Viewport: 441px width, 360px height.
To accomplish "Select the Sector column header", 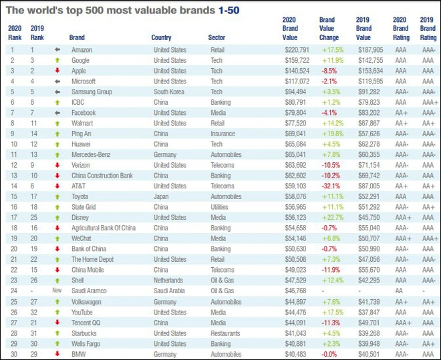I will [x=216, y=38].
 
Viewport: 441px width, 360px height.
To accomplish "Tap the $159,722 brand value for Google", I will [x=297, y=59].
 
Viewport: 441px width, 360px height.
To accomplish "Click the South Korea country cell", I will [x=170, y=92].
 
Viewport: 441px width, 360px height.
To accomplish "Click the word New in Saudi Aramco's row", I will [x=57, y=291].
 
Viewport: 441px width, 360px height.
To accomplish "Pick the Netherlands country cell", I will [x=170, y=281].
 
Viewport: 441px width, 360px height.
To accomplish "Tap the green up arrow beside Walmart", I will [x=57, y=124].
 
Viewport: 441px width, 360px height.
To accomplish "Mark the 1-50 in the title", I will [x=226, y=10].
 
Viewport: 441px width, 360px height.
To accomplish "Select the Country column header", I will [x=162, y=38].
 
